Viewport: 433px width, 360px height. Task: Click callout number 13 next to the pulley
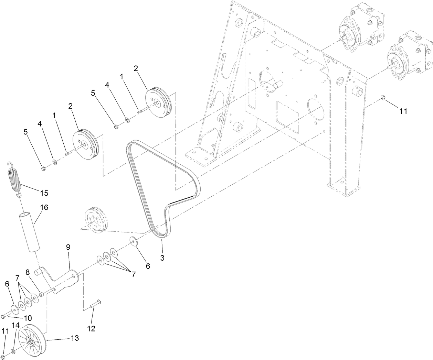pyautogui.click(x=74, y=338)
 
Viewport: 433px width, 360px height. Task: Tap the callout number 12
pyautogui.click(x=91, y=329)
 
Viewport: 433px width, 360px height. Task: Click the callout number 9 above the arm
pyautogui.click(x=68, y=247)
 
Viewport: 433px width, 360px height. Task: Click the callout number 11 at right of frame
pyautogui.click(x=403, y=111)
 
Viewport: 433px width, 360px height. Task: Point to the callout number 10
pyautogui.click(x=28, y=318)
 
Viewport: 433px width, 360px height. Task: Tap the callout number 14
pyautogui.click(x=15, y=325)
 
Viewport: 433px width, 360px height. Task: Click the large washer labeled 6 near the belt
pyautogui.click(x=134, y=241)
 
